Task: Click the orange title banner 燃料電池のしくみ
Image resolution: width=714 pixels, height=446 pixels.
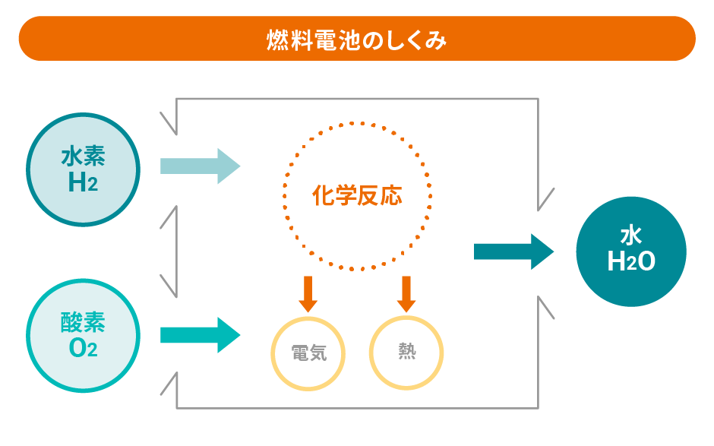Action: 357,39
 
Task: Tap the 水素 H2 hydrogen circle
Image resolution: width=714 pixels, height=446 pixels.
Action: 83,169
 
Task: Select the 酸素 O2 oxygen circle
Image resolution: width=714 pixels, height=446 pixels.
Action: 83,336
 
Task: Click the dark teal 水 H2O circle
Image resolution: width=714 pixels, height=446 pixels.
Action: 631,251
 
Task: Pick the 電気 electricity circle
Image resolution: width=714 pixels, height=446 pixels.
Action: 308,354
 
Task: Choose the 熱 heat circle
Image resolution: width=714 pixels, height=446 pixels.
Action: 406,354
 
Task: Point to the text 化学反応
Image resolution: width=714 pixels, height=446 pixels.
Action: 357,197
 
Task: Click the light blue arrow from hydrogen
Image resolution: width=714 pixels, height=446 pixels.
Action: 200,166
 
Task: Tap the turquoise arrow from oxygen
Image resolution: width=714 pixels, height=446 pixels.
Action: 200,335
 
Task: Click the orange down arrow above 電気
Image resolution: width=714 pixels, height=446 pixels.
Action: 308,294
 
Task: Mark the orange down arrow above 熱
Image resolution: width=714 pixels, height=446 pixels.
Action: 406,294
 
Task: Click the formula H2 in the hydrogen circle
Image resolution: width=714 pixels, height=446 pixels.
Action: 83,183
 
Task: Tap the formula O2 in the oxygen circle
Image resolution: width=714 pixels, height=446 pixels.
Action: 83,349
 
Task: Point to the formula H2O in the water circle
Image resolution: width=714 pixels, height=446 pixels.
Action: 631,262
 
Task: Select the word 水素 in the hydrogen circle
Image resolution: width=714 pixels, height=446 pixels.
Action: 83,157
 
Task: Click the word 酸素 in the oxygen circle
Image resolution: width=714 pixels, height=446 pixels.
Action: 83,323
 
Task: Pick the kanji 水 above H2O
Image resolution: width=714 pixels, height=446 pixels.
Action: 631,234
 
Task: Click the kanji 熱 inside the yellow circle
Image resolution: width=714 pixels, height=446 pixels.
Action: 406,353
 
